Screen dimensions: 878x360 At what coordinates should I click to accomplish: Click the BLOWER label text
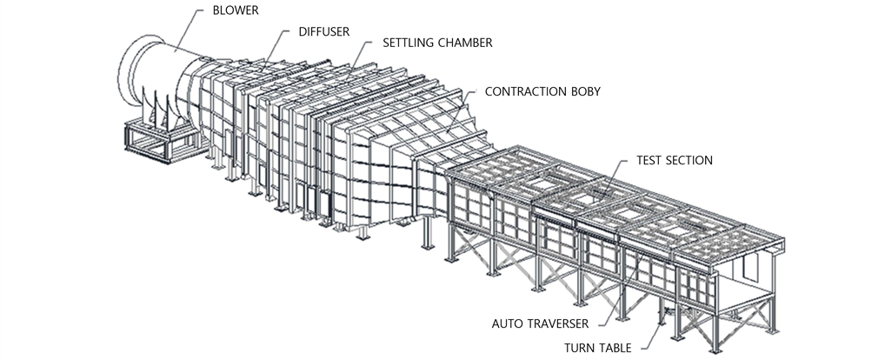pos(236,10)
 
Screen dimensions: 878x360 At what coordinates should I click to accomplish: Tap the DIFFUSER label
pos(323,32)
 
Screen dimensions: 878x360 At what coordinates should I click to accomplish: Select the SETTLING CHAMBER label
pos(437,43)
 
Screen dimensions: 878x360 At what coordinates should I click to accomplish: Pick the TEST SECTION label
pos(675,160)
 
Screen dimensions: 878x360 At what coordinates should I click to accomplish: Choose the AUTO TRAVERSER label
pos(540,323)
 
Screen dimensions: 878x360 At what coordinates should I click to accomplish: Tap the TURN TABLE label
pos(597,348)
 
